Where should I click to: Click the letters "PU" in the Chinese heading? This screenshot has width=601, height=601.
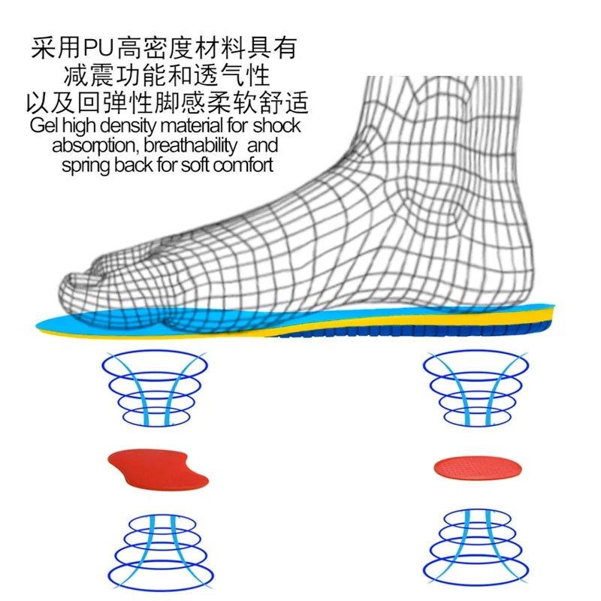pyautogui.click(x=97, y=48)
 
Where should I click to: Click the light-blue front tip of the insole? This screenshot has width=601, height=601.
pyautogui.click(x=60, y=325)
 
